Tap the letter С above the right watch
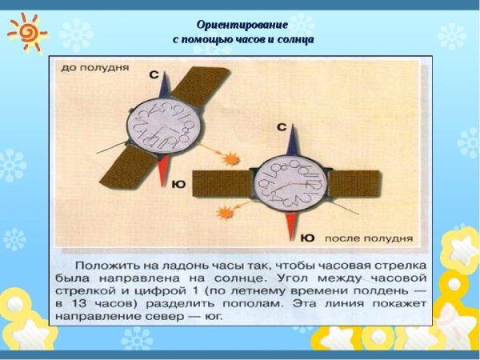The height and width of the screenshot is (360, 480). tap(281, 127)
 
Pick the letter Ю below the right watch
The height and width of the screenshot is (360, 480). tap(307, 238)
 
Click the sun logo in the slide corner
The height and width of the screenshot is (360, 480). tap(26, 30)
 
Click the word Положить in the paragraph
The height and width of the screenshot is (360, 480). tap(104, 264)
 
